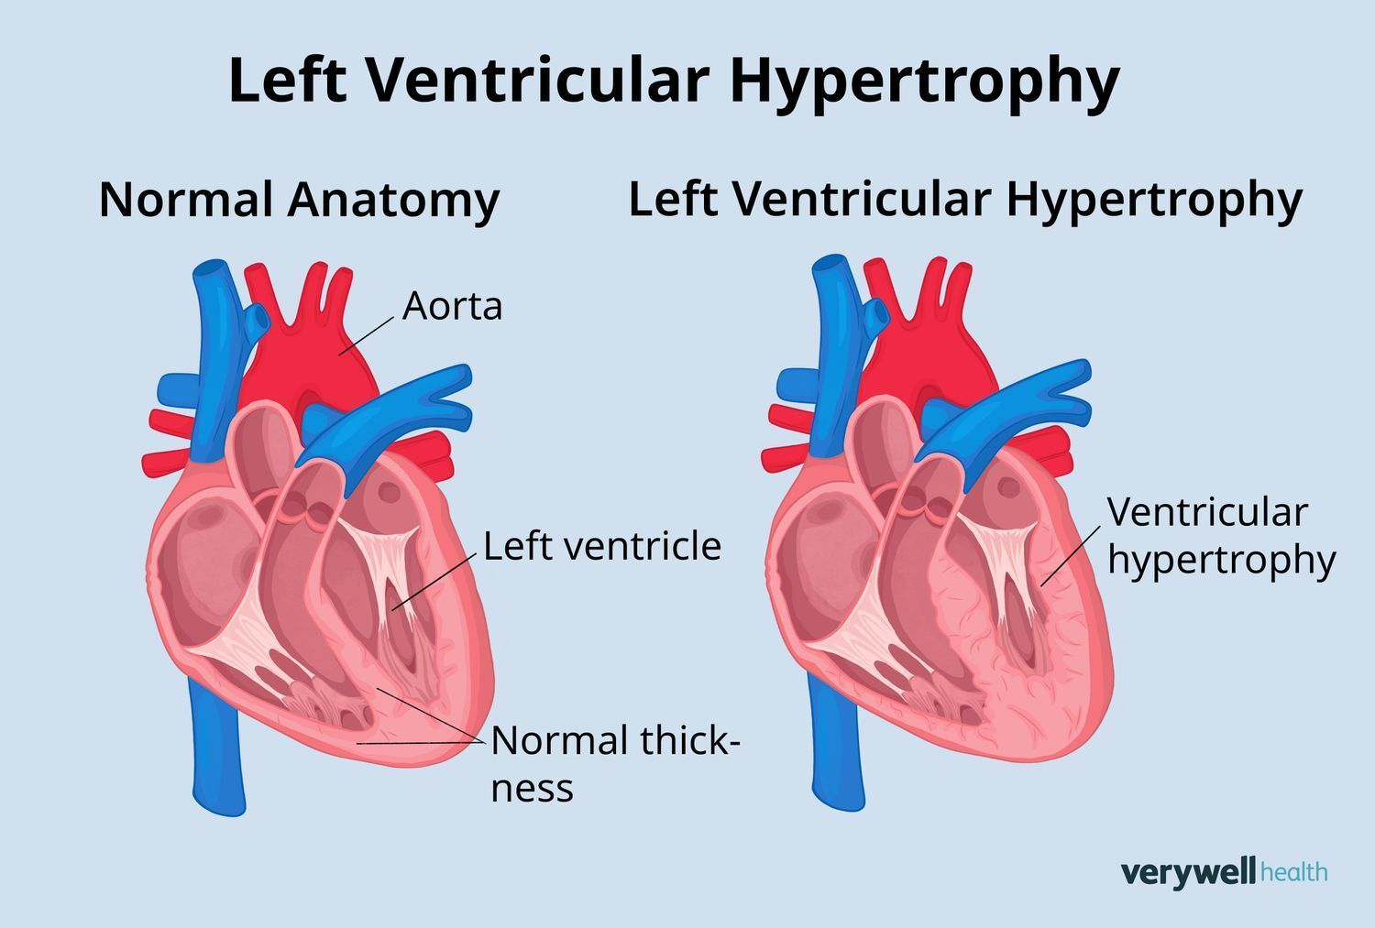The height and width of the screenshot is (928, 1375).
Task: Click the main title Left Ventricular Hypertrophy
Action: pyautogui.click(x=674, y=82)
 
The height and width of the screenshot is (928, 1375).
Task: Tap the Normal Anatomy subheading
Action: pyautogui.click(x=300, y=202)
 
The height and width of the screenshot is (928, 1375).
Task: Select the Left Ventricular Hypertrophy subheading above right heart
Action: pyautogui.click(x=965, y=201)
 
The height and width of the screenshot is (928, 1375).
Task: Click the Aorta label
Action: pyautogui.click(x=453, y=306)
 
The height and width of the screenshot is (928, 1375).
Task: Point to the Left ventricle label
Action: pyautogui.click(x=602, y=546)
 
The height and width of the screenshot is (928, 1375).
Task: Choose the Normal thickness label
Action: pyautogui.click(x=616, y=763)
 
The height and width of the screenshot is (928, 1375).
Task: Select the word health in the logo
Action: pyautogui.click(x=1294, y=871)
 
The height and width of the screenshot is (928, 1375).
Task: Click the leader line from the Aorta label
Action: pyautogui.click(x=367, y=336)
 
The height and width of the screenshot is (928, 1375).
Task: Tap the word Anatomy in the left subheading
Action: pyautogui.click(x=393, y=202)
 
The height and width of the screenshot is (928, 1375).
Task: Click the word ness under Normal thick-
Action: pyautogui.click(x=533, y=789)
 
